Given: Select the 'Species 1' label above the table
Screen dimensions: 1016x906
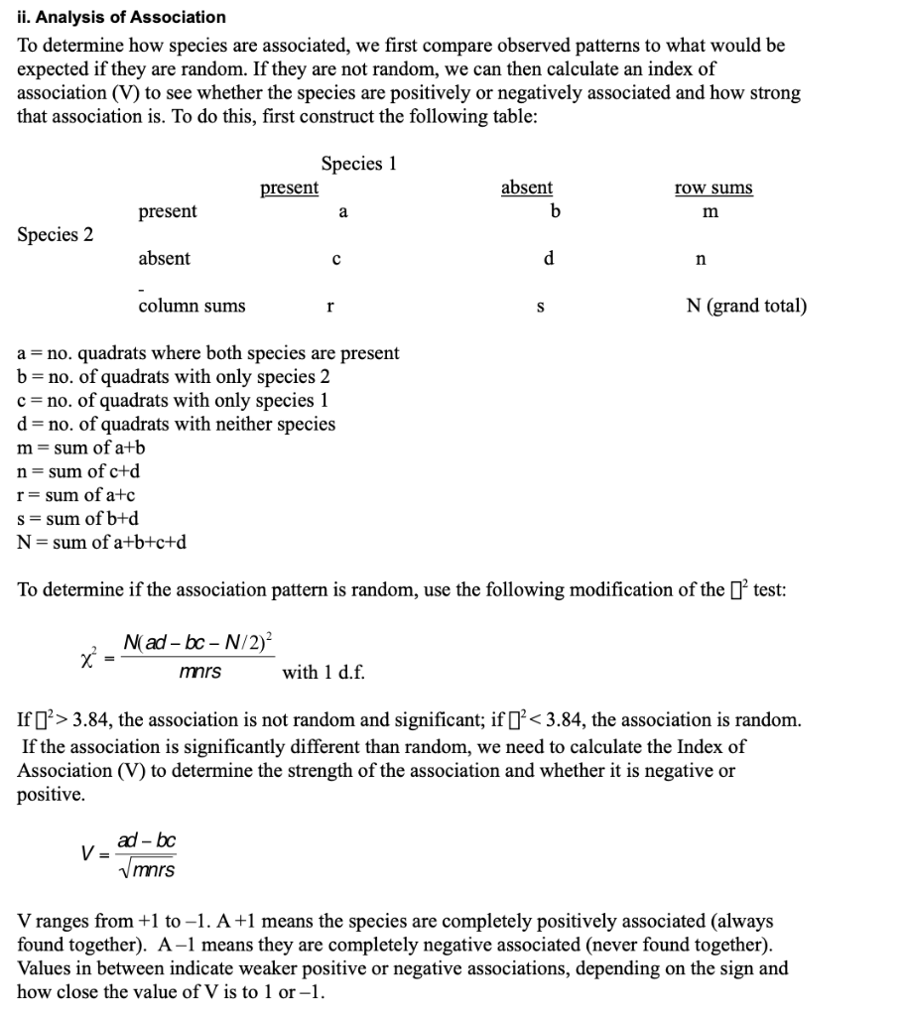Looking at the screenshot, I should click(358, 164).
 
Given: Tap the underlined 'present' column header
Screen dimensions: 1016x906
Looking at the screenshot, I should click(289, 188).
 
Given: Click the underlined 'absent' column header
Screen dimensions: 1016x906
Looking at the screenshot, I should click(527, 188).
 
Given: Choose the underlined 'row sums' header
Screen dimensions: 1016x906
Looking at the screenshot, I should click(712, 188).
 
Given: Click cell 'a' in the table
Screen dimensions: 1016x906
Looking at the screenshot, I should click(342, 211).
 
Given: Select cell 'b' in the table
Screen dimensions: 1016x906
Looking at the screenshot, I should click(555, 211).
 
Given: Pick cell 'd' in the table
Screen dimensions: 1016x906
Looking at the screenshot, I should click(548, 259).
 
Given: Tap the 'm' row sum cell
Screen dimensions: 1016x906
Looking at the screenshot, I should click(710, 212).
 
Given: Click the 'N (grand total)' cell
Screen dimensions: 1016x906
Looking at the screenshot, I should click(746, 306).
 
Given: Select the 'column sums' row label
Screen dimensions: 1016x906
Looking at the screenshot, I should click(192, 306).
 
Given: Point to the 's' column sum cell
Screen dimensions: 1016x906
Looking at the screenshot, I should click(540, 307).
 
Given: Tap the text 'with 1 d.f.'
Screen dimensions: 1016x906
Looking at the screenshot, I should click(324, 672).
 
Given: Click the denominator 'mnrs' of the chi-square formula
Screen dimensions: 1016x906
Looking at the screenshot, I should click(199, 672).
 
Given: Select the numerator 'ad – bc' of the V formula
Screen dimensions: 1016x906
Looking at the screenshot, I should click(146, 840).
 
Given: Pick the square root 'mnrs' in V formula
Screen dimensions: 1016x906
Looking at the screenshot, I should click(150, 869).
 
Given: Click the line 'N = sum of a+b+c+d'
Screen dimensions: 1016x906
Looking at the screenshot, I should click(101, 542).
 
